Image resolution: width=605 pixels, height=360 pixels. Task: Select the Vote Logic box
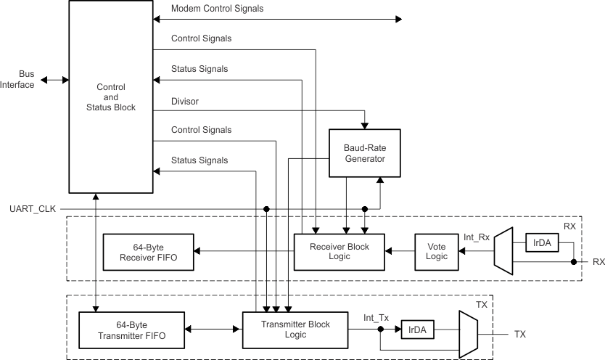coord(437,252)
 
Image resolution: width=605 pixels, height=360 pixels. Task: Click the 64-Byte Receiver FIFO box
coord(149,252)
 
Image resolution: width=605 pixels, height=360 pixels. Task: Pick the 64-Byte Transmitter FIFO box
coord(131,330)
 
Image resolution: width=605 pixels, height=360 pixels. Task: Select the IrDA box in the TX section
coord(416,330)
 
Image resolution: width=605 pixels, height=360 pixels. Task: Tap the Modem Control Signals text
coord(218,9)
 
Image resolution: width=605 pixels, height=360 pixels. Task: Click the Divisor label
coord(185,100)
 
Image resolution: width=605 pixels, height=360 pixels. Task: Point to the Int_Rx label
coord(477,236)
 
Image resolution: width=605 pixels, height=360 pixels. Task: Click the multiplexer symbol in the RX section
coord(503,252)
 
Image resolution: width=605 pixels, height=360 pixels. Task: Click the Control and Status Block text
coord(111,97)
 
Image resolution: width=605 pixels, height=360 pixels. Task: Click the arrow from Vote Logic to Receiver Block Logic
coord(399,252)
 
